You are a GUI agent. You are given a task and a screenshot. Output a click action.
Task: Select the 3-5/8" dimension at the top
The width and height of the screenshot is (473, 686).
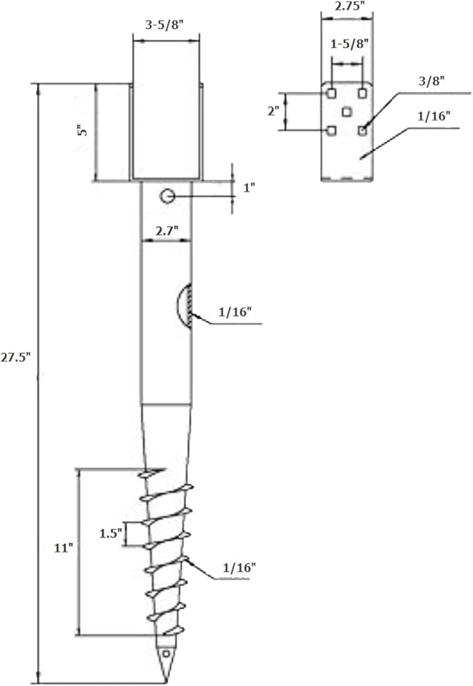(x=164, y=24)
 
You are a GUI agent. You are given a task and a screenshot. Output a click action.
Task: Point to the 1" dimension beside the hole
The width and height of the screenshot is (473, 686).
(x=249, y=187)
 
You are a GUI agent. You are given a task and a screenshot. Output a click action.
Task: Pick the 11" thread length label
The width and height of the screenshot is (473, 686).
(x=63, y=547)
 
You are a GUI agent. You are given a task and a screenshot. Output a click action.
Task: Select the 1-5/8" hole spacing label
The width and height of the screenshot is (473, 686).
(x=348, y=43)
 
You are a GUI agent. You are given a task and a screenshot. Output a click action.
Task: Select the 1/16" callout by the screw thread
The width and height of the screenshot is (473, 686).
(x=239, y=568)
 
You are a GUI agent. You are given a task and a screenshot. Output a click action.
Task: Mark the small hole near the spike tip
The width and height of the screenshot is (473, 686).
(x=166, y=654)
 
